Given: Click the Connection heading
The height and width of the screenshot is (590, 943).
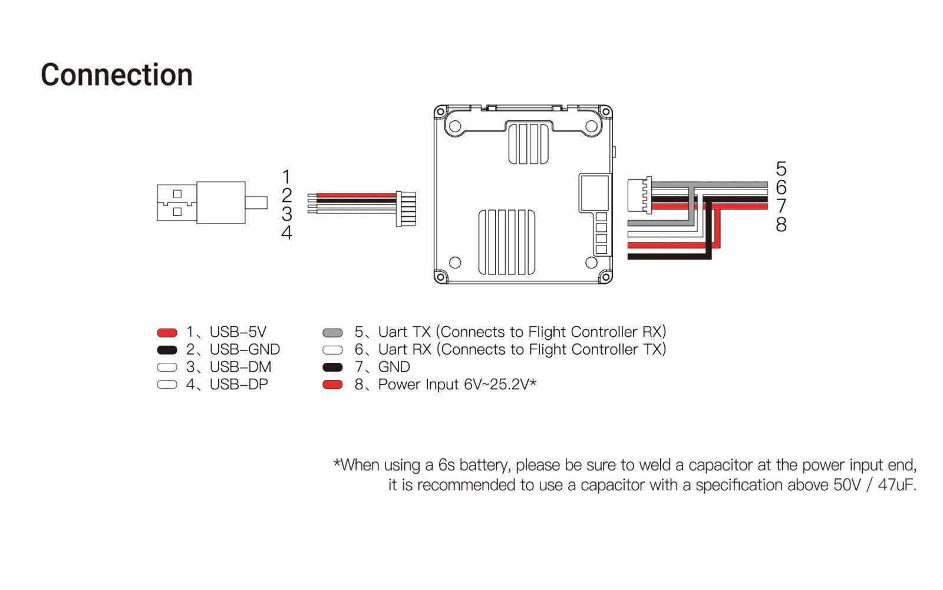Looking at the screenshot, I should point(117,76).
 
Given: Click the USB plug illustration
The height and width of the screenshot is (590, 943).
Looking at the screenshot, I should point(200,202).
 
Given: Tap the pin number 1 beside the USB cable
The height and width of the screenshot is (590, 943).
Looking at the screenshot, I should point(286,176).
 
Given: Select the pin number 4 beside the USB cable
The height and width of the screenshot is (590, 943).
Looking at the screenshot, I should point(286,233).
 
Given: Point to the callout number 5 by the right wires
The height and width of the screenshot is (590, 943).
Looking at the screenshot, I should point(781,169).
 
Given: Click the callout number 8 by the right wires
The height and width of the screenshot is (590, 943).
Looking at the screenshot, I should point(781,225).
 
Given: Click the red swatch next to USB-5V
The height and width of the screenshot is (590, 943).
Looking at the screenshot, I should point(167,333).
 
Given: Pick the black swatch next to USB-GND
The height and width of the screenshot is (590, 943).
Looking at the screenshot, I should point(167,350).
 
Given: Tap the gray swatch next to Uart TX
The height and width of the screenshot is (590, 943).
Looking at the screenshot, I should point(333,333).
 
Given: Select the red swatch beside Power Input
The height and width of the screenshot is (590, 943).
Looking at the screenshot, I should point(333,385).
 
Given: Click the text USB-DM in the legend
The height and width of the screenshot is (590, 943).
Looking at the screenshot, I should point(240,367).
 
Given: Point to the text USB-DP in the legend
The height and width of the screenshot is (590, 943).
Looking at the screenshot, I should point(239,385).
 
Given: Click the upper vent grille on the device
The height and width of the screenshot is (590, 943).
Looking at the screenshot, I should point(525,143).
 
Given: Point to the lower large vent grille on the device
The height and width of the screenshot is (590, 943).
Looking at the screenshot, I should point(507,242).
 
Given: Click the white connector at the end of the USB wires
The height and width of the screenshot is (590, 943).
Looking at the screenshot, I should point(405,209).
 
